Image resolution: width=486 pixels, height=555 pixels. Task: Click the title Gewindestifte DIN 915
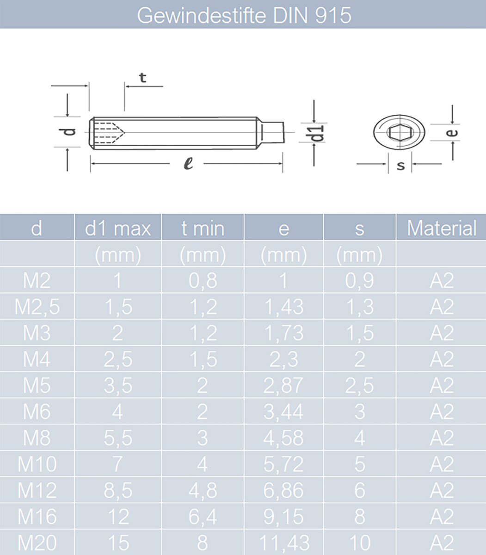coord(244,15)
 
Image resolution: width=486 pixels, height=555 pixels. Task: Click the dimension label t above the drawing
coord(142,78)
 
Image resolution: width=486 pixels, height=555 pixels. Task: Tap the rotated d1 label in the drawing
coord(317,133)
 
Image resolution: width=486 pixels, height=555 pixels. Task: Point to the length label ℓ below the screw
coord(188,164)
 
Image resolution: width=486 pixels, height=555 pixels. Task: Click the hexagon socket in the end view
coord(400,132)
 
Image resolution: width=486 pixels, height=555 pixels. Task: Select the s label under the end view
coord(400,165)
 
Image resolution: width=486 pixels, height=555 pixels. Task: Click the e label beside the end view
coord(452,133)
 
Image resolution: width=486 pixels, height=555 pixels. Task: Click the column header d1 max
coord(118,228)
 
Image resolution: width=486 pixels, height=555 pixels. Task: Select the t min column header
coord(203,228)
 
